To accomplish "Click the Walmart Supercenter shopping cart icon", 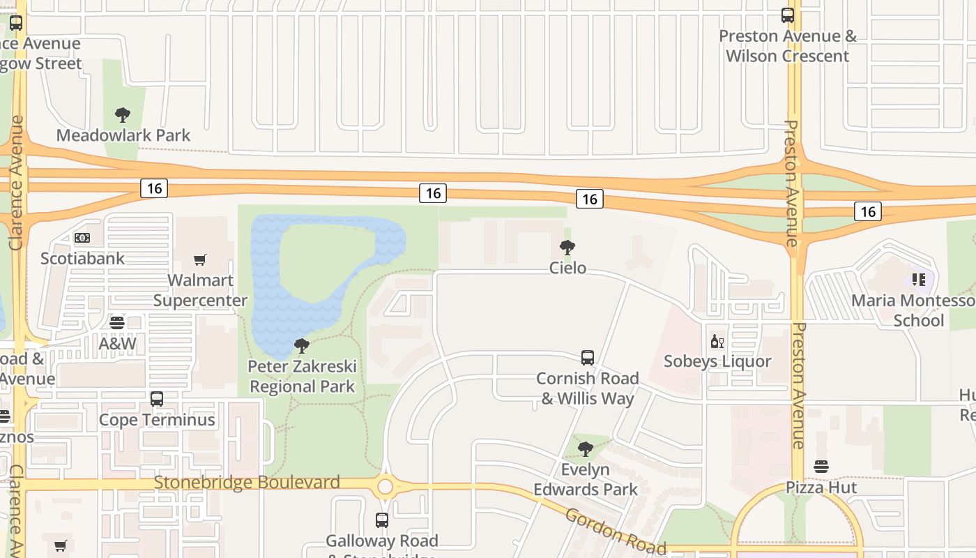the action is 200,260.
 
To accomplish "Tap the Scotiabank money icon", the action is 82,238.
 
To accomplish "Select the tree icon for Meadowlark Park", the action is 123,115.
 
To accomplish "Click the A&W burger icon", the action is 117,323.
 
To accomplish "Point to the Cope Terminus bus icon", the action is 157,399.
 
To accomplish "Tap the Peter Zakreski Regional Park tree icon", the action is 302,346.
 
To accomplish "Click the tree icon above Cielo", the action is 567,248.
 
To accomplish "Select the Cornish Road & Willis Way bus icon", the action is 588,358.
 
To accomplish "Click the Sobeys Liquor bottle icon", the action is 717,341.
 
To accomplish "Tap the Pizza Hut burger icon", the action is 821,467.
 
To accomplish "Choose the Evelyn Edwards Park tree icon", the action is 586,448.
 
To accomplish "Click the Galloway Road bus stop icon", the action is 382,520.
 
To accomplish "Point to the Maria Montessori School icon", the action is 919,280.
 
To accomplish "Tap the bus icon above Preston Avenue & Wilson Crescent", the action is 788,15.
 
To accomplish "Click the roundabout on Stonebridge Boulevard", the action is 385,485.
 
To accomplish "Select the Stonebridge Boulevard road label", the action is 247,483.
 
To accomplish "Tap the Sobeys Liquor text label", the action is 717,361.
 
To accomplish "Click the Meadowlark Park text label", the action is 123,135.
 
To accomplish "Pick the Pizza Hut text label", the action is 821,487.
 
